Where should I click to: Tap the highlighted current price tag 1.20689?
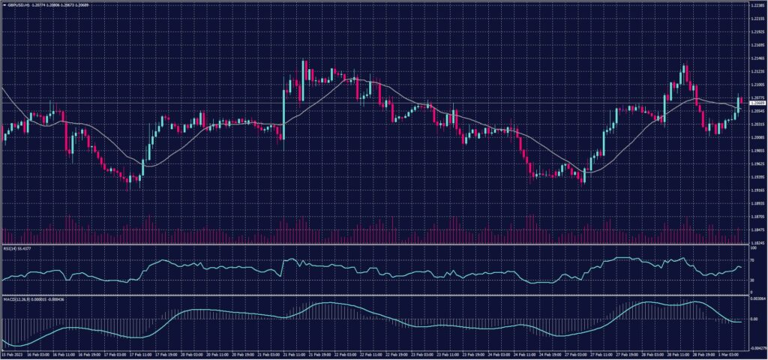(756, 103)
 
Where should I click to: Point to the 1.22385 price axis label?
(756, 5)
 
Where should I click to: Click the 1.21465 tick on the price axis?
(756, 58)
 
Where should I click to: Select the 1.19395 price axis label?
(756, 177)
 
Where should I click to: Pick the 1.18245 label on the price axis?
(756, 243)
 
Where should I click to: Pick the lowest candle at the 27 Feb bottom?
(583, 176)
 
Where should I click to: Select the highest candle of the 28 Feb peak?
(685, 73)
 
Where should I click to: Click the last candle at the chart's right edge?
(739, 105)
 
